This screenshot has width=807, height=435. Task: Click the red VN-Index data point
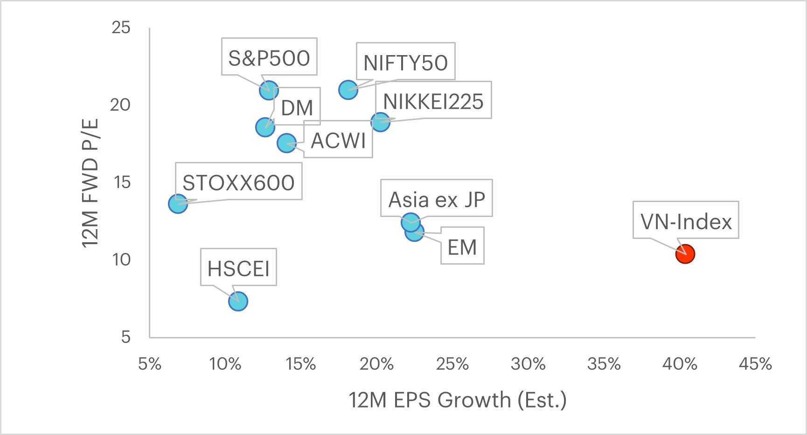point(685,254)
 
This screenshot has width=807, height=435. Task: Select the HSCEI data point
point(238,301)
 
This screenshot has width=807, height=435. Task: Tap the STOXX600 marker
point(178,203)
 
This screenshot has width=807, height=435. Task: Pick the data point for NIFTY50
point(348,89)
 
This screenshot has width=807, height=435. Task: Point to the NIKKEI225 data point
point(380,122)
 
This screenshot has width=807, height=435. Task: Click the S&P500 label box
point(269,58)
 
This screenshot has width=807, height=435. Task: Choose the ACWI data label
point(338,140)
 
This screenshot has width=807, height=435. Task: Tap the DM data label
point(297,108)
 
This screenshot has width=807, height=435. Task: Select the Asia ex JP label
point(437,199)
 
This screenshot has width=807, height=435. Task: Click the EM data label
point(462,247)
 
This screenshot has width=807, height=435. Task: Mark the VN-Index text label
point(686,221)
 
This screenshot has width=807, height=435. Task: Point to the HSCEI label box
point(238,268)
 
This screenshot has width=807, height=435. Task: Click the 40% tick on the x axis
point(680,364)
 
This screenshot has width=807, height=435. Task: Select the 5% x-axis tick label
point(150,364)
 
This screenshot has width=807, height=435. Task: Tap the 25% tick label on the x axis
point(452,364)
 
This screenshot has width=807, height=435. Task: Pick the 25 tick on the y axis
point(121,28)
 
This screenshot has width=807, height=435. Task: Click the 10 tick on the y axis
point(121,260)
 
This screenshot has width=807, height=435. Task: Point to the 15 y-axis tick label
point(121,182)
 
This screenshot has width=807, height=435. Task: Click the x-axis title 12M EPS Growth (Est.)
point(458,400)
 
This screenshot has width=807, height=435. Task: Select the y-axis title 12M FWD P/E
point(91,182)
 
